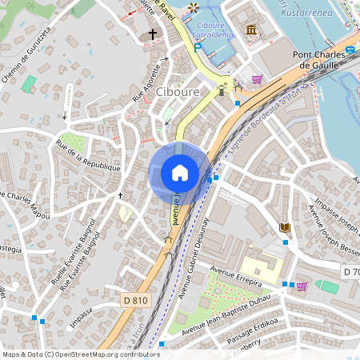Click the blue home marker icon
pos(180,173)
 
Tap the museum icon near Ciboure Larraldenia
pos(251,30)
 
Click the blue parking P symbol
pos(197,47)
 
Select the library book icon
pos(285,228)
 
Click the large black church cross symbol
pos(153,34)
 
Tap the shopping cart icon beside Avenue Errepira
pos(302,286)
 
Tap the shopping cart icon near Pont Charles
pos(257,79)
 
